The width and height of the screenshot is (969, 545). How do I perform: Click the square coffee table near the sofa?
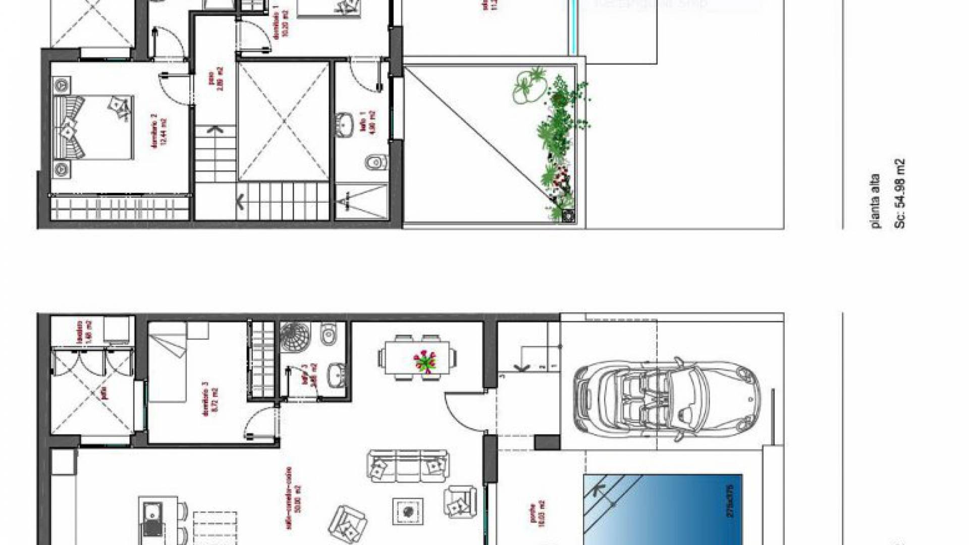pos(408,511)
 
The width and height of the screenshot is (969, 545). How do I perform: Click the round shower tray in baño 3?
pos(295,336)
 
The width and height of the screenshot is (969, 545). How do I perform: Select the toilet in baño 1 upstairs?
pos(374,162)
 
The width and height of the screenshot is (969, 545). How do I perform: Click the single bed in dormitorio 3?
pos(168,362)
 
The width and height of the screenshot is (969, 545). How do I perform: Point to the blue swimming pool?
pos(662,510)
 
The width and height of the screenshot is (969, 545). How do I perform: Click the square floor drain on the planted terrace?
pos(568,215)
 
